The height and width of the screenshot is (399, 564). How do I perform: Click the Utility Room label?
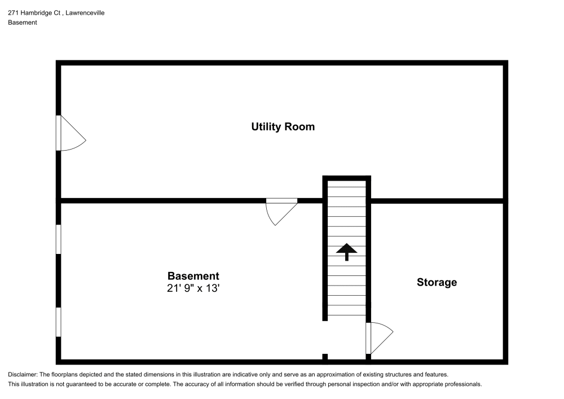(x=283, y=126)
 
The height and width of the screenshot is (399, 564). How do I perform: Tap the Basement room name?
(x=193, y=276)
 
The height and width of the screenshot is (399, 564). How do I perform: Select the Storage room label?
(x=437, y=282)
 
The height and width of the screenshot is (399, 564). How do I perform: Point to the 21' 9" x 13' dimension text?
(x=193, y=288)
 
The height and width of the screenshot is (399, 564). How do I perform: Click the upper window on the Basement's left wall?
(x=58, y=239)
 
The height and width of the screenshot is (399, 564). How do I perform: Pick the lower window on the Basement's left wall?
(x=58, y=322)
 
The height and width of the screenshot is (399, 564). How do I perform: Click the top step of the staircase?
(x=346, y=182)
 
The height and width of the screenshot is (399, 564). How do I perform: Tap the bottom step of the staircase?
(x=346, y=310)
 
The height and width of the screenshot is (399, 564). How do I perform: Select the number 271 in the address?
(x=13, y=12)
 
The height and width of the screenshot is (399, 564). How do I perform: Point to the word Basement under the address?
(x=23, y=23)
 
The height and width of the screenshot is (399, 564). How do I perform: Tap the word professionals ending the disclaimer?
(x=462, y=384)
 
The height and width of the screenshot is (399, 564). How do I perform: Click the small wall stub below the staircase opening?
(x=325, y=357)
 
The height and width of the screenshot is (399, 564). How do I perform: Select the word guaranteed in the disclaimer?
(x=78, y=384)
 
